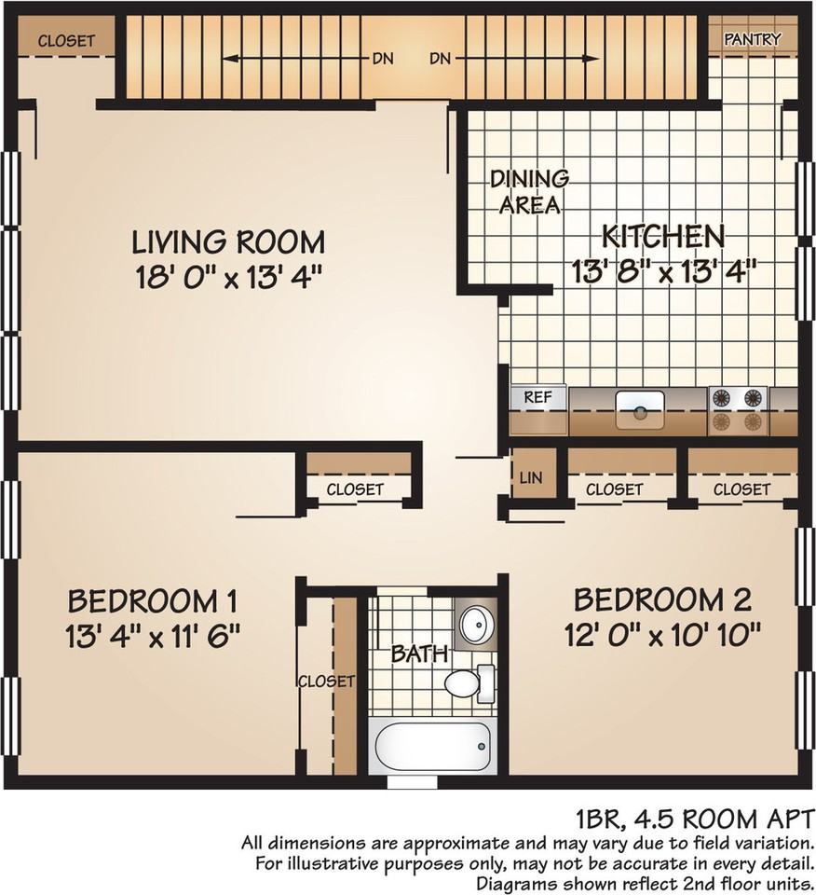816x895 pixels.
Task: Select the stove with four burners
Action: [738, 410]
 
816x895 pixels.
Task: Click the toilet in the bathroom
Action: [469, 683]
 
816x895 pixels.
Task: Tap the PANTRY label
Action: [752, 39]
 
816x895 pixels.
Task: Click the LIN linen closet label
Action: [530, 477]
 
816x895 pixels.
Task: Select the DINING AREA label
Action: [529, 192]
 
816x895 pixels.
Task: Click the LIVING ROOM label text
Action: [228, 242]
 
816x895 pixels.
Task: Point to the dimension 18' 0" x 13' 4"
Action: [228, 278]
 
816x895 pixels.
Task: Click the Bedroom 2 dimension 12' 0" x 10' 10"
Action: [662, 634]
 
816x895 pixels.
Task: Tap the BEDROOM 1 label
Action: [152, 601]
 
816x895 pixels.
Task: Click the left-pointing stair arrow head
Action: [229, 58]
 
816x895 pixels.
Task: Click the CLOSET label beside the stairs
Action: [66, 40]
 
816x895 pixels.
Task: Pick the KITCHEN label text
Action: [663, 236]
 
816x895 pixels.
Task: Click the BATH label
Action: [419, 654]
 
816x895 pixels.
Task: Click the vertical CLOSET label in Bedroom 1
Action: [326, 682]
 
